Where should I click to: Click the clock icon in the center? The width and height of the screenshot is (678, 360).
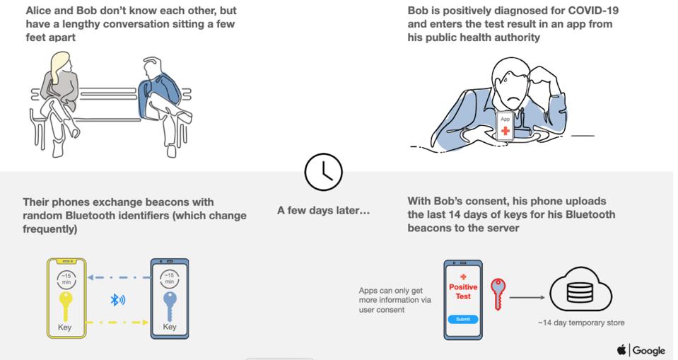[322, 172]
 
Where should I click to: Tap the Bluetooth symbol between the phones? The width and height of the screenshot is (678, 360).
[117, 300]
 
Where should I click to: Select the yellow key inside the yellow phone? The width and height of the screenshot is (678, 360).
[66, 306]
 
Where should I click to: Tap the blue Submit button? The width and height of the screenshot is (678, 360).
[462, 319]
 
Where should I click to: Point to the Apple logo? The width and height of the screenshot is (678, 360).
[621, 349]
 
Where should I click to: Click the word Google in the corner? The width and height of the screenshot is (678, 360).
[648, 350]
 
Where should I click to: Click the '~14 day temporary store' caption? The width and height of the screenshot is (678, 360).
[581, 323]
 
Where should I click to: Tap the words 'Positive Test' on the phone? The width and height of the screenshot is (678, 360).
[463, 291]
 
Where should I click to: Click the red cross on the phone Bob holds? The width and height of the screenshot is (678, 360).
[505, 132]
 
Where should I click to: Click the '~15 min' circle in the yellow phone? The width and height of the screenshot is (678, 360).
[66, 278]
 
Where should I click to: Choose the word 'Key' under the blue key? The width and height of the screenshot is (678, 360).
[170, 327]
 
